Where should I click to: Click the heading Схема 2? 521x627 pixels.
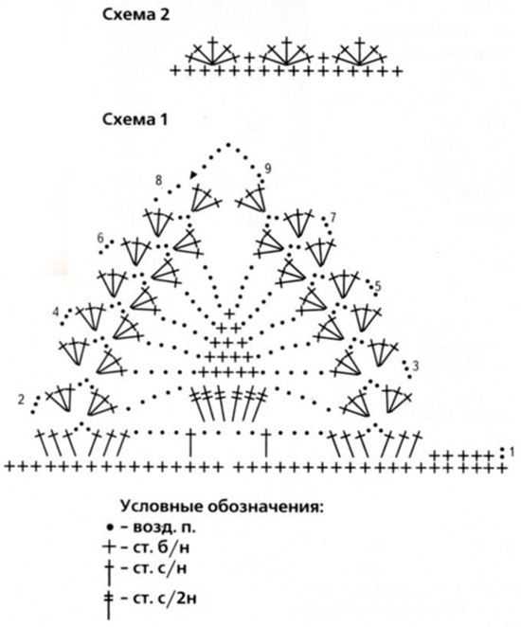pyautogui.click(x=136, y=15)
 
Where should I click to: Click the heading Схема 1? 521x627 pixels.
pyautogui.click(x=135, y=119)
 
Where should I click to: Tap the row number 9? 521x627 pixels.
pyautogui.click(x=267, y=169)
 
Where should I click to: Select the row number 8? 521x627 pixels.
pyautogui.click(x=159, y=180)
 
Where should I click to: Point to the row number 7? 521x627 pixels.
pyautogui.click(x=332, y=218)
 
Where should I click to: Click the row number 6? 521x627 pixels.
pyautogui.click(x=100, y=239)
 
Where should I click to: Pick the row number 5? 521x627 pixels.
pyautogui.click(x=378, y=286)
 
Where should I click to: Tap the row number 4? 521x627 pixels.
pyautogui.click(x=57, y=311)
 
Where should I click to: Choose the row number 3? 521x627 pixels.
pyautogui.click(x=416, y=366)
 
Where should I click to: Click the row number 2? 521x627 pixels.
pyautogui.click(x=21, y=400)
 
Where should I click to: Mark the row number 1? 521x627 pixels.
pyautogui.click(x=512, y=453)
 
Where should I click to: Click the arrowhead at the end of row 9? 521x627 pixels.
pyautogui.click(x=193, y=174)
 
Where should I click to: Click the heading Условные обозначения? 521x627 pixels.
pyautogui.click(x=222, y=507)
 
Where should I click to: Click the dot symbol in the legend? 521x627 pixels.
pyautogui.click(x=110, y=528)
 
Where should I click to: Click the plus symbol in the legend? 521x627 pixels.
pyautogui.click(x=109, y=547)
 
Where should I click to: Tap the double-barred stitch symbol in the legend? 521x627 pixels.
pyautogui.click(x=108, y=604)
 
